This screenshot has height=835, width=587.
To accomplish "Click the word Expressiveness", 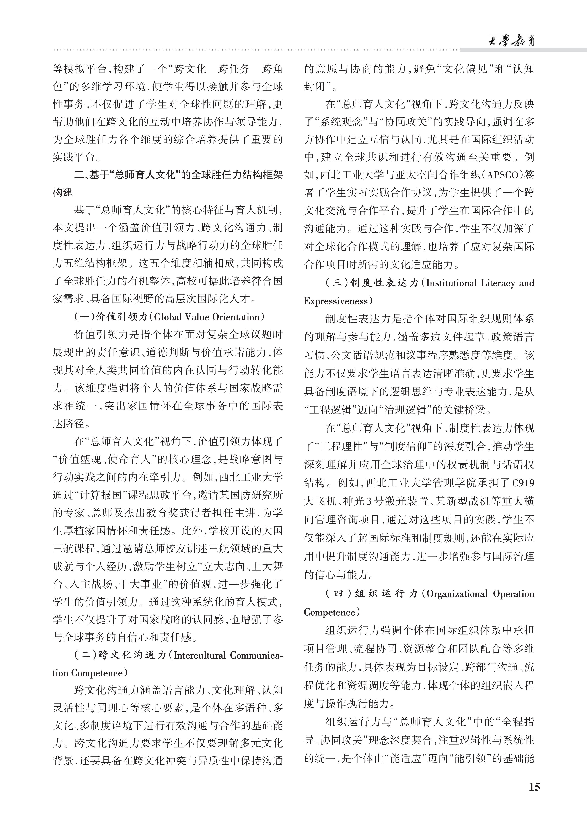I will click(335, 301).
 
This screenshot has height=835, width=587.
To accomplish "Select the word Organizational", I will click(457, 594).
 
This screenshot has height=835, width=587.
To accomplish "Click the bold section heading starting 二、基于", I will click(178, 175).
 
